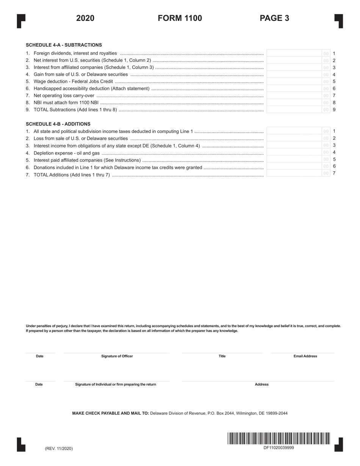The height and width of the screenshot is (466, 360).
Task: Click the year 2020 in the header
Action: click(x=85, y=18)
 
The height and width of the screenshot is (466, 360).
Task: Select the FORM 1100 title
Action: click(x=180, y=18)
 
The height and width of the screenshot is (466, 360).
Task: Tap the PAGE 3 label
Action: click(x=274, y=18)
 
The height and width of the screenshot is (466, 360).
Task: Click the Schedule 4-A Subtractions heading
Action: click(x=64, y=45)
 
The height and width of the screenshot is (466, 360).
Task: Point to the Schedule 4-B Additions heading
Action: click(x=58, y=124)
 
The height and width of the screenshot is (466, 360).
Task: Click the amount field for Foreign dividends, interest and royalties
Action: click(x=294, y=53)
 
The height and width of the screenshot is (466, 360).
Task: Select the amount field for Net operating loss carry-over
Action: click(x=294, y=95)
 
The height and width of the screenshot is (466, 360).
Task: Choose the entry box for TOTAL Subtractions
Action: click(x=294, y=110)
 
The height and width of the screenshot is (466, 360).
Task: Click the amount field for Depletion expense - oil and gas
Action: click(x=294, y=152)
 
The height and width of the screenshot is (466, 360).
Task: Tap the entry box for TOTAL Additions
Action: click(x=294, y=174)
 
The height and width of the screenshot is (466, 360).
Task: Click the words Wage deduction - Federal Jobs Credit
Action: click(x=73, y=81)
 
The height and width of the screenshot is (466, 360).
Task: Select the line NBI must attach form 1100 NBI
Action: click(x=66, y=103)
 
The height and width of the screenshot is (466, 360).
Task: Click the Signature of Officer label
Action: click(x=117, y=356)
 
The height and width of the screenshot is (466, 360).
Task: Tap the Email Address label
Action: click(x=305, y=356)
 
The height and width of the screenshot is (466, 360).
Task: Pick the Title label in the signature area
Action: click(x=222, y=356)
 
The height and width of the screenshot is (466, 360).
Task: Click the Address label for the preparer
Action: click(x=261, y=384)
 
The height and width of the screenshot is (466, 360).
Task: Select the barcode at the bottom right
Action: click(x=279, y=438)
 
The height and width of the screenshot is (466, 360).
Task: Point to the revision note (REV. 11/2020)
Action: click(x=59, y=449)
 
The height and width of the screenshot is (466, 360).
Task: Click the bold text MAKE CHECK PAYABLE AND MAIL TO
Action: click(x=111, y=413)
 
